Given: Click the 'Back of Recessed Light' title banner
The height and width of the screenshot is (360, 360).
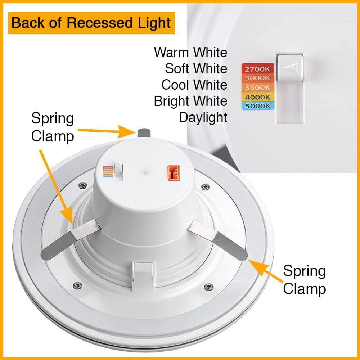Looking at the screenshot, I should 91,23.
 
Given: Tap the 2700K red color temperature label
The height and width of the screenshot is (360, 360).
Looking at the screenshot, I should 257,68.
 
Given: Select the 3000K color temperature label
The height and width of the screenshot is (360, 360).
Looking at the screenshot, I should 257,78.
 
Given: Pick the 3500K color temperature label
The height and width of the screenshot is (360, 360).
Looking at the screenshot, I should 257,87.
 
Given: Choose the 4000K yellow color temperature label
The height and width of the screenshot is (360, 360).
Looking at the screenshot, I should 257,96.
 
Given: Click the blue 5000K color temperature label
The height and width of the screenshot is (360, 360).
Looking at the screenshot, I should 257,106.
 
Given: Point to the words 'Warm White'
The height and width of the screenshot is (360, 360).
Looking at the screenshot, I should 190,53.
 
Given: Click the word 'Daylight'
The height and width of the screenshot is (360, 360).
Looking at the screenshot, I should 203,117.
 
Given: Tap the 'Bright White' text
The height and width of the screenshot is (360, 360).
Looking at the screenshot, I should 190,101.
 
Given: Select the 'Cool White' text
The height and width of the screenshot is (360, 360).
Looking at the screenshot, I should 194,85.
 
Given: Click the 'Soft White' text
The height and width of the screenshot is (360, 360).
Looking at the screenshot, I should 196,69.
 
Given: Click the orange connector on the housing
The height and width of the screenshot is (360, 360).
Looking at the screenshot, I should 173,173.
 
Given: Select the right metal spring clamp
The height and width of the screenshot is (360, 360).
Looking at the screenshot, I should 220,238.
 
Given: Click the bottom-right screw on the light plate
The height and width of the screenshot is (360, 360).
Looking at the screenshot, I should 208,287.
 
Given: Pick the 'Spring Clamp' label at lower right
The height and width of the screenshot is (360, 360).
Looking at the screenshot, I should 304,280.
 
